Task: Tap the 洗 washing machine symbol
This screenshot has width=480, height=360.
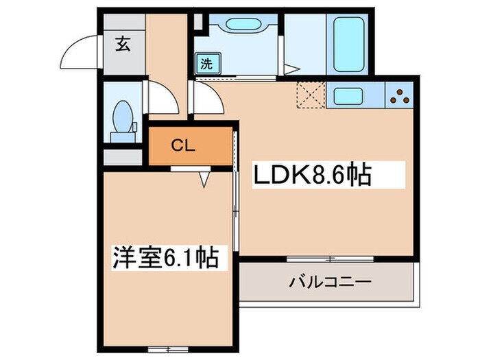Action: [x=206, y=64]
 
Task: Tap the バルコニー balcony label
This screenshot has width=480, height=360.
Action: [x=329, y=282]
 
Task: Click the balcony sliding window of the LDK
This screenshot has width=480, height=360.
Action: [x=329, y=259]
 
